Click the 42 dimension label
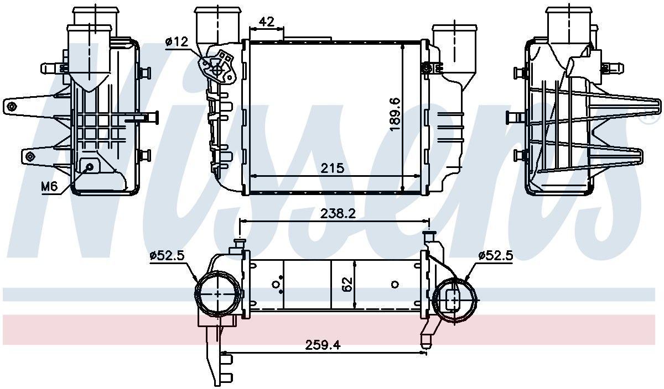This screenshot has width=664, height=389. pyautogui.click(x=267, y=22)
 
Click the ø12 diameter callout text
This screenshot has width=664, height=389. pyautogui.click(x=177, y=42)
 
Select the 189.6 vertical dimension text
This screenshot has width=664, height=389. pyautogui.click(x=395, y=115)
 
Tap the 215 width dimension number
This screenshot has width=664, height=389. pyautogui.click(x=333, y=168)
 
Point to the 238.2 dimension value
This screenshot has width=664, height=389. pyautogui.click(x=338, y=213)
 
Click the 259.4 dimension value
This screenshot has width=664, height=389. pyautogui.click(x=323, y=345)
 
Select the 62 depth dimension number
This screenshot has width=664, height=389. pyautogui.click(x=347, y=284)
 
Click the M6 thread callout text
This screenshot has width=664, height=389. pyautogui.click(x=49, y=187)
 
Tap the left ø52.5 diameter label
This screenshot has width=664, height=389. pyautogui.click(x=167, y=255)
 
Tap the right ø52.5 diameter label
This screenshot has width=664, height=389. pyautogui.click(x=496, y=255)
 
